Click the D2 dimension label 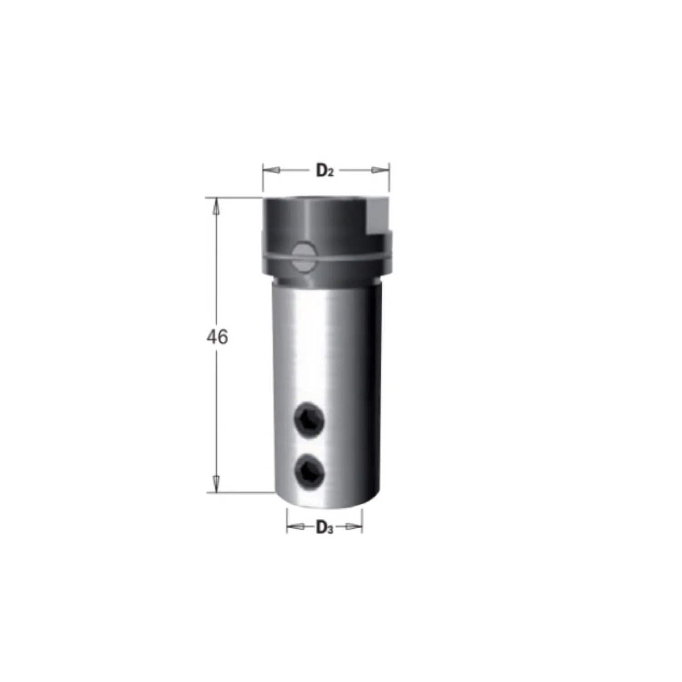pos(325,171)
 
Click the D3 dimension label pos(325,528)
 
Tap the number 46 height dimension pos(217,337)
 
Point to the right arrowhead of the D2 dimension pos(381,170)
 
